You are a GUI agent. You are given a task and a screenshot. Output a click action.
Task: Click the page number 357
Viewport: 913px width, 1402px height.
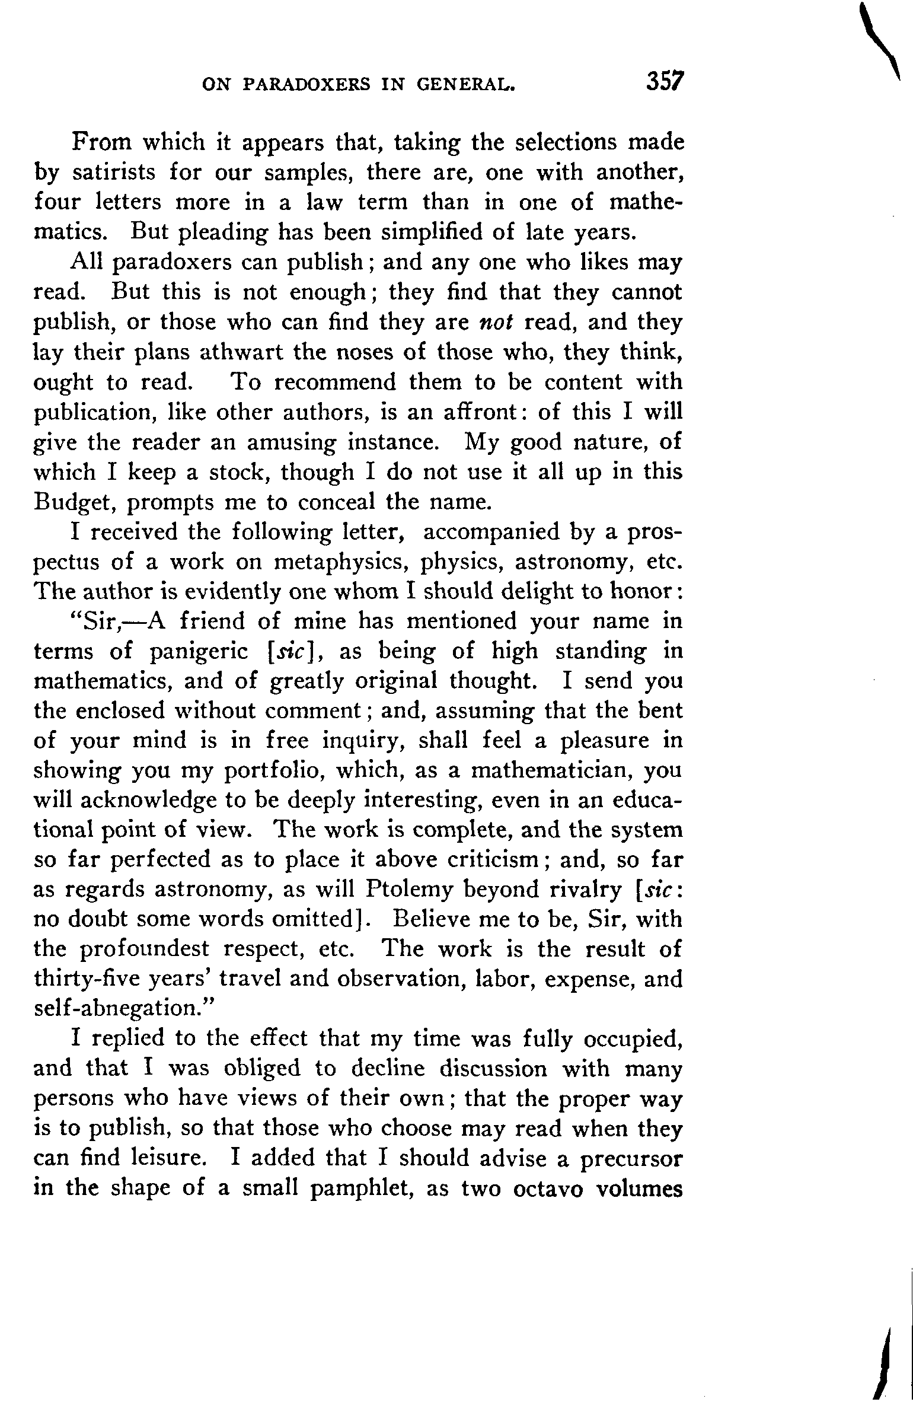(x=666, y=81)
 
